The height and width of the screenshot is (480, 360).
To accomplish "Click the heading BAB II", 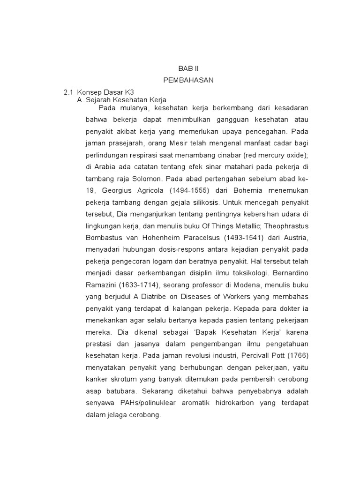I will (x=188, y=68).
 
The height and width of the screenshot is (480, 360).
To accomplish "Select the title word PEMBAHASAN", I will (x=188, y=80).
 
